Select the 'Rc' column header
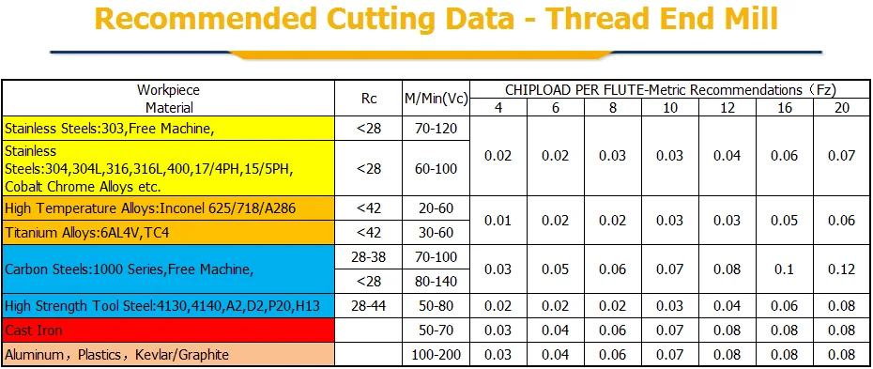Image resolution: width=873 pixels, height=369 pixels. click(x=369, y=99)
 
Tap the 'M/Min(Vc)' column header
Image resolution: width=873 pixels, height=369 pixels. click(x=436, y=100)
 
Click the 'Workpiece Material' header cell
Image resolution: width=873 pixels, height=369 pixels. click(x=169, y=99)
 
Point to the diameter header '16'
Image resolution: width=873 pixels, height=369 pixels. click(x=785, y=108)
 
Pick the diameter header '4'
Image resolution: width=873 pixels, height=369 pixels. click(x=498, y=108)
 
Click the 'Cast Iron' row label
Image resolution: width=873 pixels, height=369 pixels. click(x=34, y=331)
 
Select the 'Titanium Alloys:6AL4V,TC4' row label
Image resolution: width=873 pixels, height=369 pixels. click(x=87, y=233)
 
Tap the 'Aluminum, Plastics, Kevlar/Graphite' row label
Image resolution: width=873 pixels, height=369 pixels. click(x=116, y=355)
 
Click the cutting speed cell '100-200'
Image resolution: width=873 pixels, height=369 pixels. click(x=436, y=355)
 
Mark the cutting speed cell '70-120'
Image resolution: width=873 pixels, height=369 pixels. click(x=436, y=129)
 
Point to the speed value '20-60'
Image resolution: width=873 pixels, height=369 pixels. click(x=436, y=208)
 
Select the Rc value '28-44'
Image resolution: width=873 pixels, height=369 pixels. click(x=369, y=305)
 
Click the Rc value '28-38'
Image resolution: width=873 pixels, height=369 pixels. click(x=369, y=257)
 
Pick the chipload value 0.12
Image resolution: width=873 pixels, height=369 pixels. click(x=841, y=269)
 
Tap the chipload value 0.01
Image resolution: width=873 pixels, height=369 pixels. click(x=498, y=221)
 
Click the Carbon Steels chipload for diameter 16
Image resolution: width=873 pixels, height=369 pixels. click(x=785, y=269)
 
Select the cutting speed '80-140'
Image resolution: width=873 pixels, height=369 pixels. click(x=436, y=282)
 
